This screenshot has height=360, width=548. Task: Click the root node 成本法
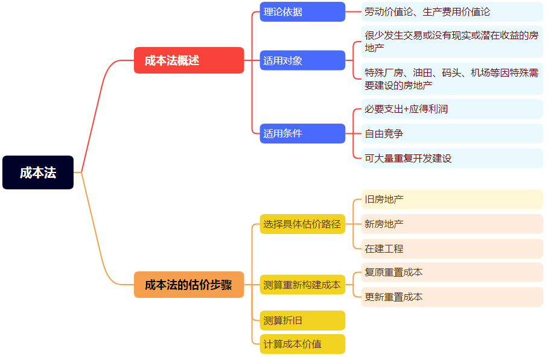tap(38, 172)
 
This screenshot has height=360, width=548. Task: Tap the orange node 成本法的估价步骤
tap(189, 285)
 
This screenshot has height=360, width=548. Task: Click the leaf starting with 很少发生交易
tap(451, 42)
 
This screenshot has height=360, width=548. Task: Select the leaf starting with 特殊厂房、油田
tap(451, 79)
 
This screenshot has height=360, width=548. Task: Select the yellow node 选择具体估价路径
tap(302, 224)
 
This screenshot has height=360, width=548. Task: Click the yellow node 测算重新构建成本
tap(302, 285)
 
